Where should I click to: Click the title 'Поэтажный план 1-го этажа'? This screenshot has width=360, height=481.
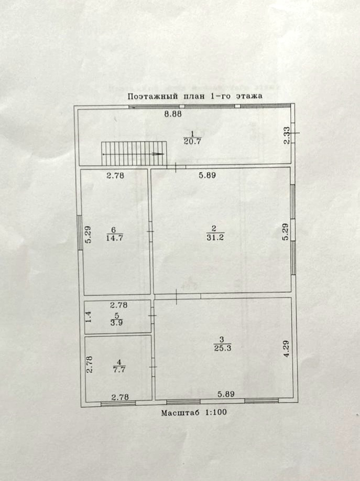tap(194, 97)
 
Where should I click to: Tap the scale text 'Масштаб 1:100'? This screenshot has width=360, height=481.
tap(194, 412)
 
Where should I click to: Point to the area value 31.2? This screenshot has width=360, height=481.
tap(214, 237)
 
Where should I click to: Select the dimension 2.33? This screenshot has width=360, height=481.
tap(286, 135)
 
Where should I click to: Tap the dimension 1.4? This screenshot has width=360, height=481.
tap(90, 317)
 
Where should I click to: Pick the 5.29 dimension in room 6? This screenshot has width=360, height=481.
tap(89, 233)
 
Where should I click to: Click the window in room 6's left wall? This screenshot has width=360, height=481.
tap(80, 231)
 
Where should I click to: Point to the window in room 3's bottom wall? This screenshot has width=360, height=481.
tap(261, 401)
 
